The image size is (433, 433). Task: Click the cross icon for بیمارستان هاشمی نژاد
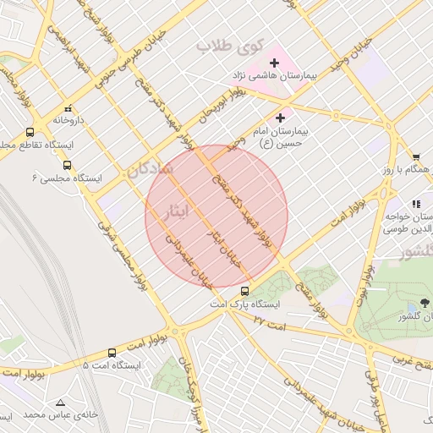(x=274, y=63)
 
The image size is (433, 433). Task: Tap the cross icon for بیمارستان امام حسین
(x=281, y=118)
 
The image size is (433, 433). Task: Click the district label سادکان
(x=151, y=169)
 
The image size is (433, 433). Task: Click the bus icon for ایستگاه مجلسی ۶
(x=67, y=165)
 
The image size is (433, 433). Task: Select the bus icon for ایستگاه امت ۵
(x=112, y=353)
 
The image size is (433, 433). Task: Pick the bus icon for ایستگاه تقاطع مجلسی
(x=30, y=132)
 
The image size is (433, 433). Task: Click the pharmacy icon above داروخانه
(x=67, y=109)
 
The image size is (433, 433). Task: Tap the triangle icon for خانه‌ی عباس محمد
(x=59, y=402)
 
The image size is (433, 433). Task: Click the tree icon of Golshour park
(x=425, y=303)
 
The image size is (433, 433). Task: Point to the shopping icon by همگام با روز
(x=416, y=156)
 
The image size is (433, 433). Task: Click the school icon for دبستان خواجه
(x=415, y=204)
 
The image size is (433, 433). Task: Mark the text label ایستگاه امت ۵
(x=111, y=365)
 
